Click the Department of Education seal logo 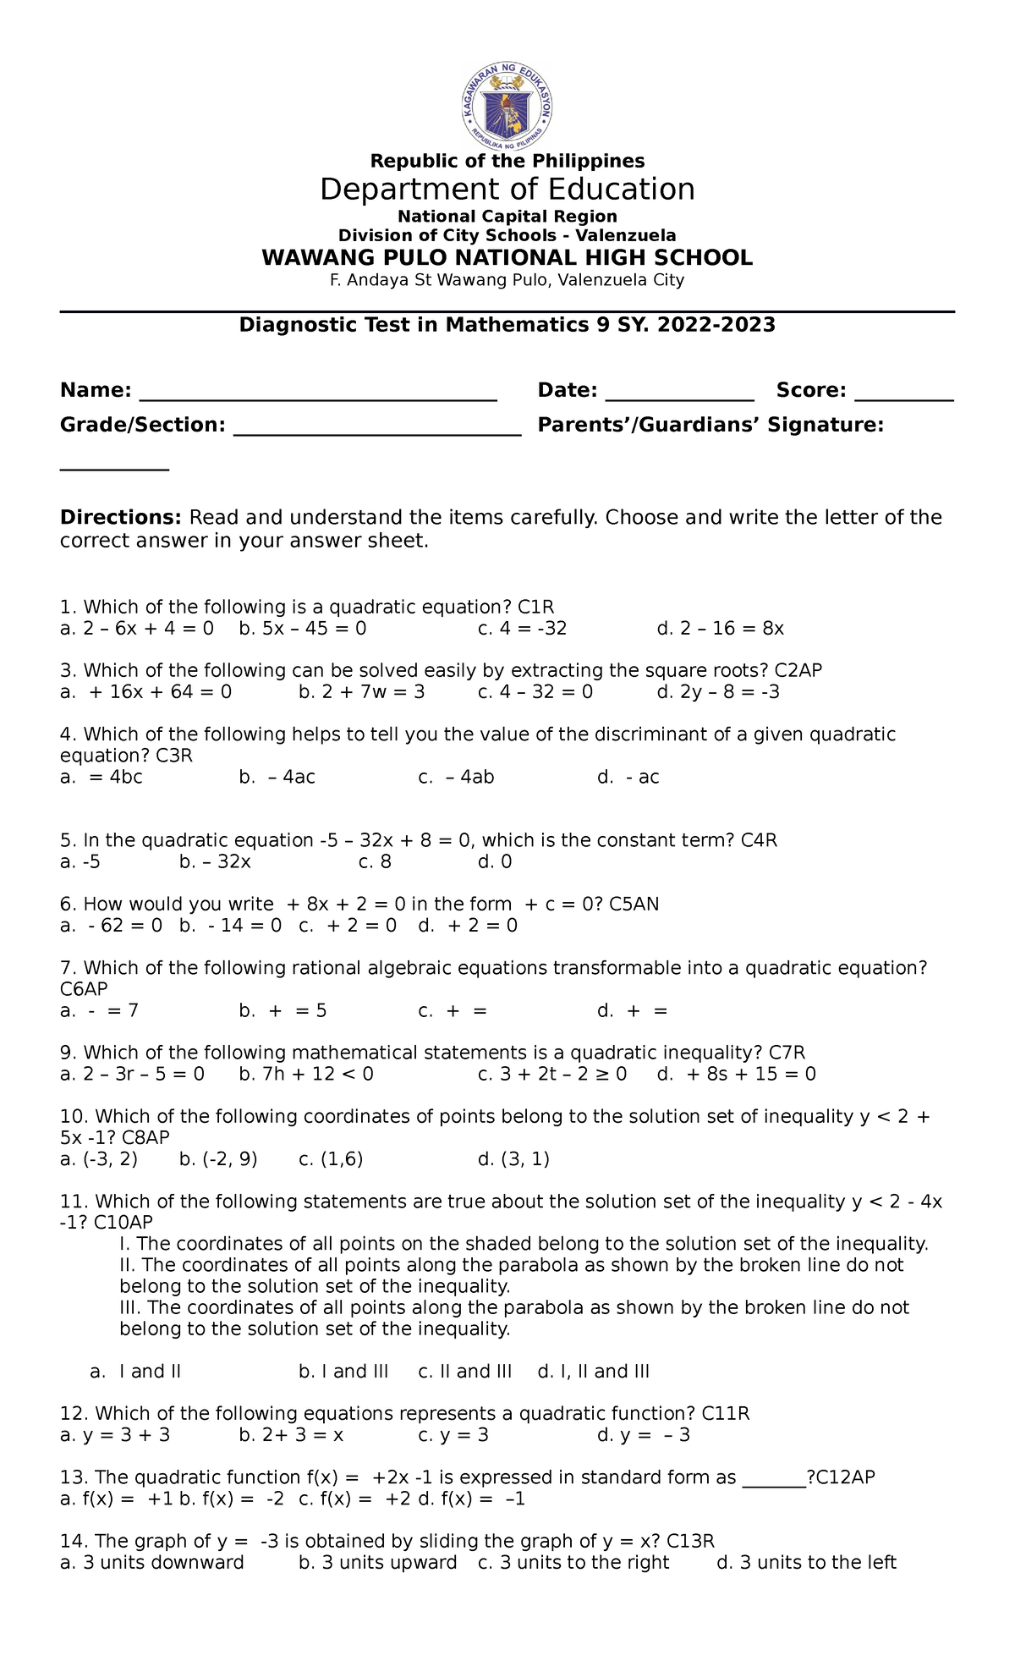tap(507, 105)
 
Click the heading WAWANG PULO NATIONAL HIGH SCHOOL tap(507, 258)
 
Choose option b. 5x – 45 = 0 tap(303, 629)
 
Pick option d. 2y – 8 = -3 tap(718, 692)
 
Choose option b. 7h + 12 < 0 tap(306, 1074)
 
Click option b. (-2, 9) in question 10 tap(218, 1159)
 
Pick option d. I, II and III tap(593, 1371)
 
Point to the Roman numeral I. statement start tap(126, 1244)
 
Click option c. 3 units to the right tap(573, 1562)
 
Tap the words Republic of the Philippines tap(507, 161)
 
